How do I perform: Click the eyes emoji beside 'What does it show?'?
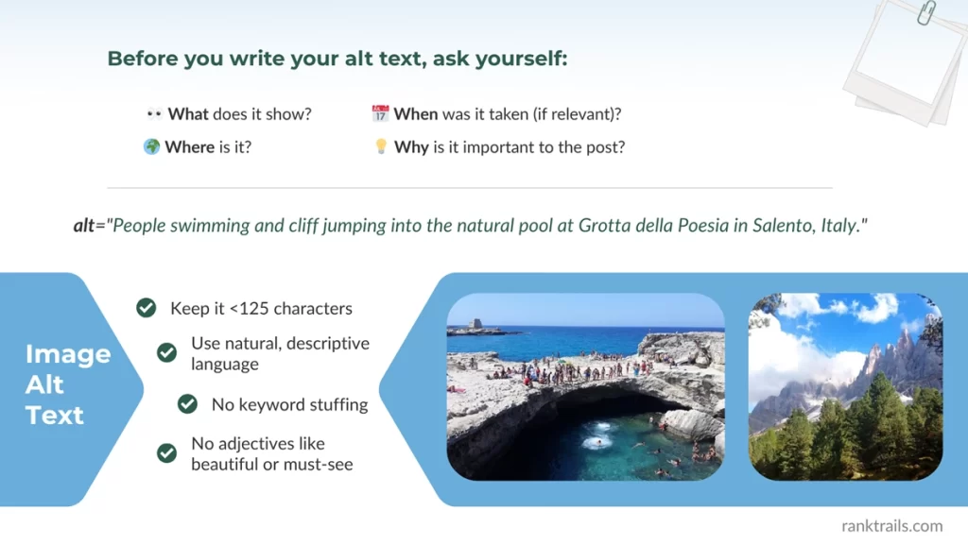[154, 114]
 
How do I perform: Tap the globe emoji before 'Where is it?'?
[151, 147]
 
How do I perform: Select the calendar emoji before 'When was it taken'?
[380, 114]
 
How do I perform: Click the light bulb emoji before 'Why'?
[381, 147]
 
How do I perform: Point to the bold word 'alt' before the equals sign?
[84, 227]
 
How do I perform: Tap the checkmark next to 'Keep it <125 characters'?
[146, 308]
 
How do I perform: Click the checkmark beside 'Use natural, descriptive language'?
[166, 352]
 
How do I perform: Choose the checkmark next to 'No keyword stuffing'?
[187, 404]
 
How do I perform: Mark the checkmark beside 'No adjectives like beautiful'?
[166, 453]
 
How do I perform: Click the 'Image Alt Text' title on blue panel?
[67, 384]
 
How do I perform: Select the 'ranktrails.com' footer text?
[891, 526]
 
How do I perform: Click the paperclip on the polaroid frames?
[925, 12]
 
